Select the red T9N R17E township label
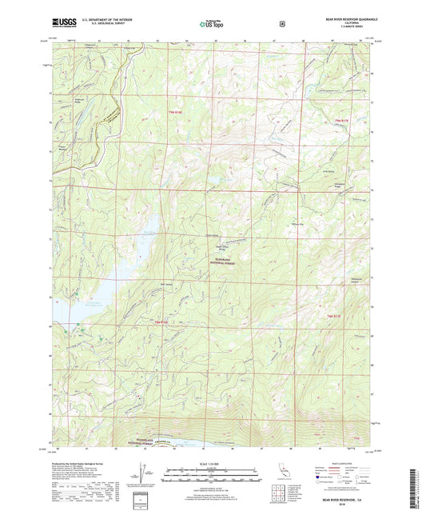[342, 120]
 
